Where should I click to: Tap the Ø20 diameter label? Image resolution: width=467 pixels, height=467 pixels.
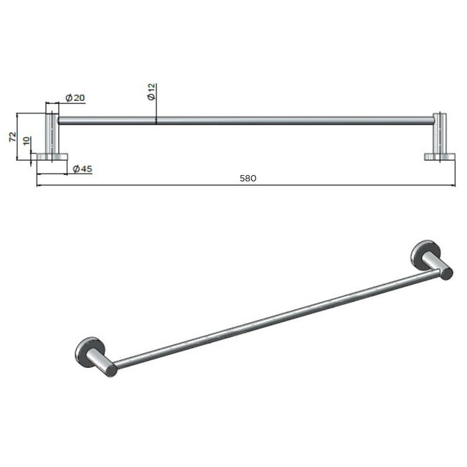pyautogui.click(x=75, y=98)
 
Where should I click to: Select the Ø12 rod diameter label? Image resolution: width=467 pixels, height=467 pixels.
pyautogui.click(x=151, y=92)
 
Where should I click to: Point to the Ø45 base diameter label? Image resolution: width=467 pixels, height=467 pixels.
pyautogui.click(x=82, y=169)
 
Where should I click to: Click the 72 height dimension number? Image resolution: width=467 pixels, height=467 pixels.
pyautogui.click(x=12, y=136)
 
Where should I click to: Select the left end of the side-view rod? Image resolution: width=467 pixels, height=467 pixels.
pyautogui.click(x=60, y=121)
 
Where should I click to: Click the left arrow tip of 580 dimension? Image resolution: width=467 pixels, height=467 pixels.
pyautogui.click(x=37, y=185)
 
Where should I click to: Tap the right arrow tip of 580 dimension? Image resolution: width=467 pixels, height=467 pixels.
pyautogui.click(x=454, y=185)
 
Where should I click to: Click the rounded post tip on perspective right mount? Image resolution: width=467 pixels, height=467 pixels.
pyautogui.click(x=446, y=272)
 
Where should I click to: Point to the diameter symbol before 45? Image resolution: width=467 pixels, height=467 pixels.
pyautogui.click(x=76, y=169)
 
